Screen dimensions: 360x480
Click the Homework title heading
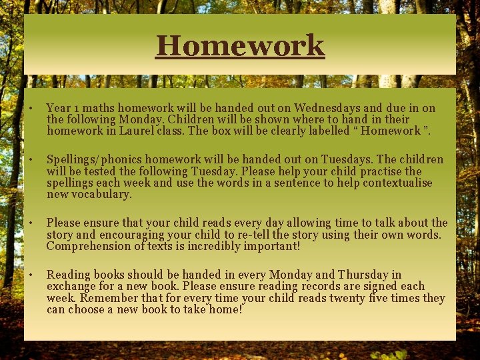[240, 45]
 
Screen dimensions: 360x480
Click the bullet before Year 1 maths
[31, 108]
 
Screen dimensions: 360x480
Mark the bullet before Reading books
[31, 275]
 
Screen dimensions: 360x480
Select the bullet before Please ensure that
[31, 223]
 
